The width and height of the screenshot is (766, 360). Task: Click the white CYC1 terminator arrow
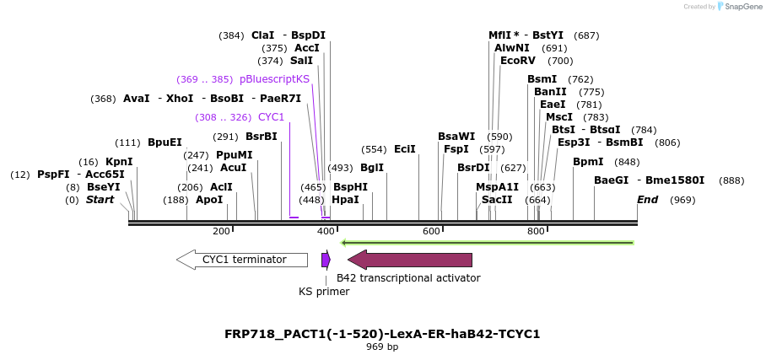coord(242,260)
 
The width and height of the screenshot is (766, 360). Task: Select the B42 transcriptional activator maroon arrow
coord(410,260)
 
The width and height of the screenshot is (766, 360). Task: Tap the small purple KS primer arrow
coord(326,260)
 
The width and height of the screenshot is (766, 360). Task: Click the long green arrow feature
coord(487,243)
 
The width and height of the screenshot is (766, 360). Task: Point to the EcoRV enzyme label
coord(518,61)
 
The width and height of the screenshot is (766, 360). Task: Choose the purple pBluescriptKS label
coord(274,79)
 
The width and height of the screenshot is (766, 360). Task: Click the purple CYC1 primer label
coord(271,117)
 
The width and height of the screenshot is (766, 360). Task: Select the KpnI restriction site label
coord(119,162)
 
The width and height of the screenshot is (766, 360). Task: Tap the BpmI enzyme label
coord(588,162)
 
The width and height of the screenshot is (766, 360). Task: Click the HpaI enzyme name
coord(345,200)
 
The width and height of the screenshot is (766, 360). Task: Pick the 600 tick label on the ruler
coord(431,231)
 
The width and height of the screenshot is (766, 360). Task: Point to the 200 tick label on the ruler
coord(221,231)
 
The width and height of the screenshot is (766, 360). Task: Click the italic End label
coord(647,200)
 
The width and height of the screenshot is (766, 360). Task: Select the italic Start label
coord(100,200)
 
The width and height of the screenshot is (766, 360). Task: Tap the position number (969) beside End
coord(682,200)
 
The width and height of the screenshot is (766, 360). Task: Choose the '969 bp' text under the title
coord(382,347)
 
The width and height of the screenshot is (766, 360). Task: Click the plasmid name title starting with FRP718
coord(382,334)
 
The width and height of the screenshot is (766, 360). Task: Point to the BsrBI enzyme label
coord(262,137)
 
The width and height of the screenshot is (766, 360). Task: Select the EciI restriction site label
coord(405,149)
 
